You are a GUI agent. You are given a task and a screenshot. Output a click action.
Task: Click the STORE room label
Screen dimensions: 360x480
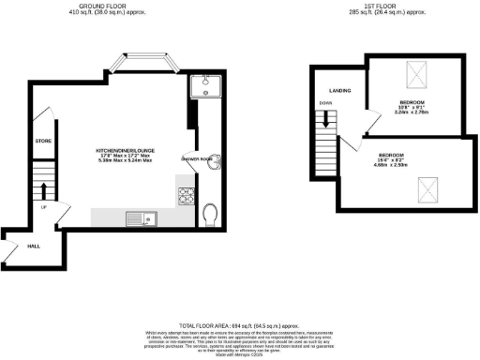pyautogui.click(x=42, y=141)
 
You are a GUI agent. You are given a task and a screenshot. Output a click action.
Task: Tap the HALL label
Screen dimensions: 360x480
pyautogui.click(x=33, y=246)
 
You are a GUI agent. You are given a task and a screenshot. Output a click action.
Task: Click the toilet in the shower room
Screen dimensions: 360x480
pyautogui.click(x=210, y=216)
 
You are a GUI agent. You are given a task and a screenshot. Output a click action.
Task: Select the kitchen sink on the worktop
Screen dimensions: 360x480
pyautogui.click(x=142, y=219)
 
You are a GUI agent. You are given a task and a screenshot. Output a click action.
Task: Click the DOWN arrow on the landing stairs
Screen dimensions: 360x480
pyautogui.click(x=326, y=118)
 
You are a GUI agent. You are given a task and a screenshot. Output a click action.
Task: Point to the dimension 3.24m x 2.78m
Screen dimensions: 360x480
pyautogui.click(x=412, y=112)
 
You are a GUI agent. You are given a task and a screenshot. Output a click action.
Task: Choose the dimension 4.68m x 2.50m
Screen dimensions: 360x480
pyautogui.click(x=392, y=165)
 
